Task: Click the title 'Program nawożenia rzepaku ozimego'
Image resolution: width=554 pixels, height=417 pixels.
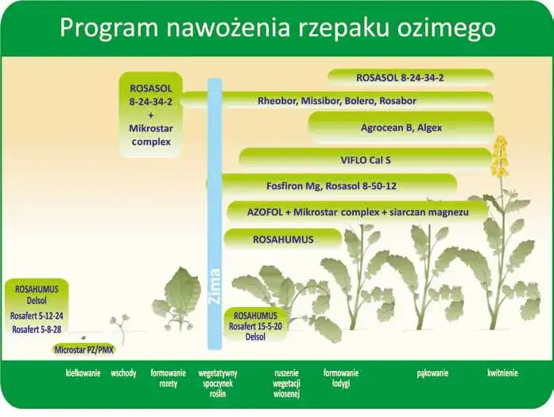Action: [x=277, y=28]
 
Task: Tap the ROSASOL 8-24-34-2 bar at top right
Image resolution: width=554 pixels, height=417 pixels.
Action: [x=411, y=77]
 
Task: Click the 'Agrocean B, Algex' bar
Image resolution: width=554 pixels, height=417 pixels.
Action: [x=401, y=127]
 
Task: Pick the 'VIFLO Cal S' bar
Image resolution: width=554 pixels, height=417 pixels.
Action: [x=366, y=160]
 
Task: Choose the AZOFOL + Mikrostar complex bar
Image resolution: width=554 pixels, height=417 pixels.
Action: [x=358, y=212]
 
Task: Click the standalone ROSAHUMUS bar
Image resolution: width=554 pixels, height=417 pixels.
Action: [x=283, y=239]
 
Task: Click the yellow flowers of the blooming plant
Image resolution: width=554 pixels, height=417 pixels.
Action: [x=499, y=157]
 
